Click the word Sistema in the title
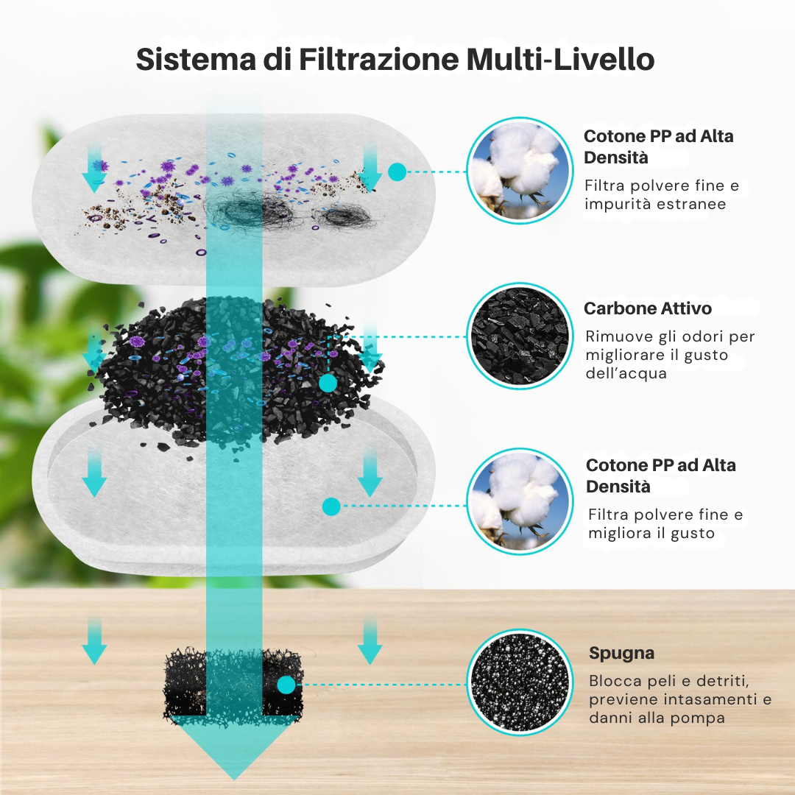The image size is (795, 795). point(196,60)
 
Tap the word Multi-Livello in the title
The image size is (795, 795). point(560,60)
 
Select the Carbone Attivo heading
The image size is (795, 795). point(648,308)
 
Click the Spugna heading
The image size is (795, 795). point(621,654)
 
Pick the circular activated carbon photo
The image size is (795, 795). point(520,336)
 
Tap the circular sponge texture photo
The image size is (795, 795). point(520,682)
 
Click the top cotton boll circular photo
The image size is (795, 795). point(520,170)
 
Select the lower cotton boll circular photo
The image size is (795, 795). point(520,501)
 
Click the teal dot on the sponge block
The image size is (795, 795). point(286,685)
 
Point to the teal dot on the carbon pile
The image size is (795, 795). point(328,384)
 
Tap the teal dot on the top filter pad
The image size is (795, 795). point(397,172)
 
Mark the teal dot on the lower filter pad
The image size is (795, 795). point(331,506)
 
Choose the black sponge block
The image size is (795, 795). point(233,682)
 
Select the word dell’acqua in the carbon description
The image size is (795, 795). point(626,374)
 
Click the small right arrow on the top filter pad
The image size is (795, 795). point(370,167)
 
